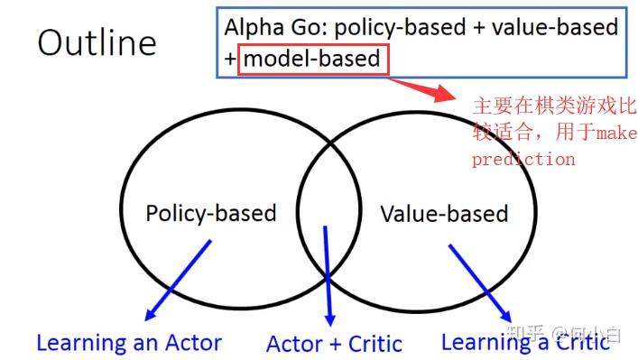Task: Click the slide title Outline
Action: (97, 42)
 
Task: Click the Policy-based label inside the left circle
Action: (210, 214)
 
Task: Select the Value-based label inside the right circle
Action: (443, 214)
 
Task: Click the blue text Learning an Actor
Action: (128, 343)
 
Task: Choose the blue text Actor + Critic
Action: (334, 344)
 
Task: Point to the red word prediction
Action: (522, 160)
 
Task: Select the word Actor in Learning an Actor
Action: (191, 343)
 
